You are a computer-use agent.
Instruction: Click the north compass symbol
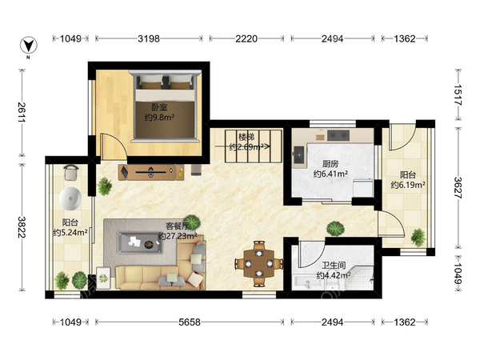pyautogui.click(x=29, y=46)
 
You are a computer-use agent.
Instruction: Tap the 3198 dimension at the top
pyautogui.click(x=149, y=38)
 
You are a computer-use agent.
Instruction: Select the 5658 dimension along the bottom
pyautogui.click(x=190, y=322)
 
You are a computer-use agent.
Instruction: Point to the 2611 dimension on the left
pyautogui.click(x=22, y=112)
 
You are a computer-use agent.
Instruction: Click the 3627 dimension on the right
pyautogui.click(x=458, y=188)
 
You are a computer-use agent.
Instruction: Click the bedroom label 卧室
pyautogui.click(x=159, y=107)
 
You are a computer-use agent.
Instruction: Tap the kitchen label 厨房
pyautogui.click(x=330, y=164)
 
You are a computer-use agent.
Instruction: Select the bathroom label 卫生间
pyautogui.click(x=334, y=265)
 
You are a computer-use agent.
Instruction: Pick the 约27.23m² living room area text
pyautogui.click(x=178, y=236)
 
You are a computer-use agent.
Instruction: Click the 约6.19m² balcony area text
pyautogui.click(x=408, y=185)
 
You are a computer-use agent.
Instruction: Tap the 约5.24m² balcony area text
pyautogui.click(x=70, y=233)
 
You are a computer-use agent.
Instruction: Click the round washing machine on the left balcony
pyautogui.click(x=70, y=199)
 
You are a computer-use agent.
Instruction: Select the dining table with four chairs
pyautogui.click(x=259, y=263)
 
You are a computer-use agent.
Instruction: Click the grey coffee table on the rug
pyautogui.click(x=139, y=243)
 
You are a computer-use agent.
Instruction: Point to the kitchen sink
pyautogui.click(x=298, y=155)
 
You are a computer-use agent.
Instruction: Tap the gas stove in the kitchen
pyautogui.click(x=338, y=135)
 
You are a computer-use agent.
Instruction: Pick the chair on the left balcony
pyautogui.click(x=71, y=173)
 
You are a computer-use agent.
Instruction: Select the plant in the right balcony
pyautogui.click(x=418, y=238)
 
